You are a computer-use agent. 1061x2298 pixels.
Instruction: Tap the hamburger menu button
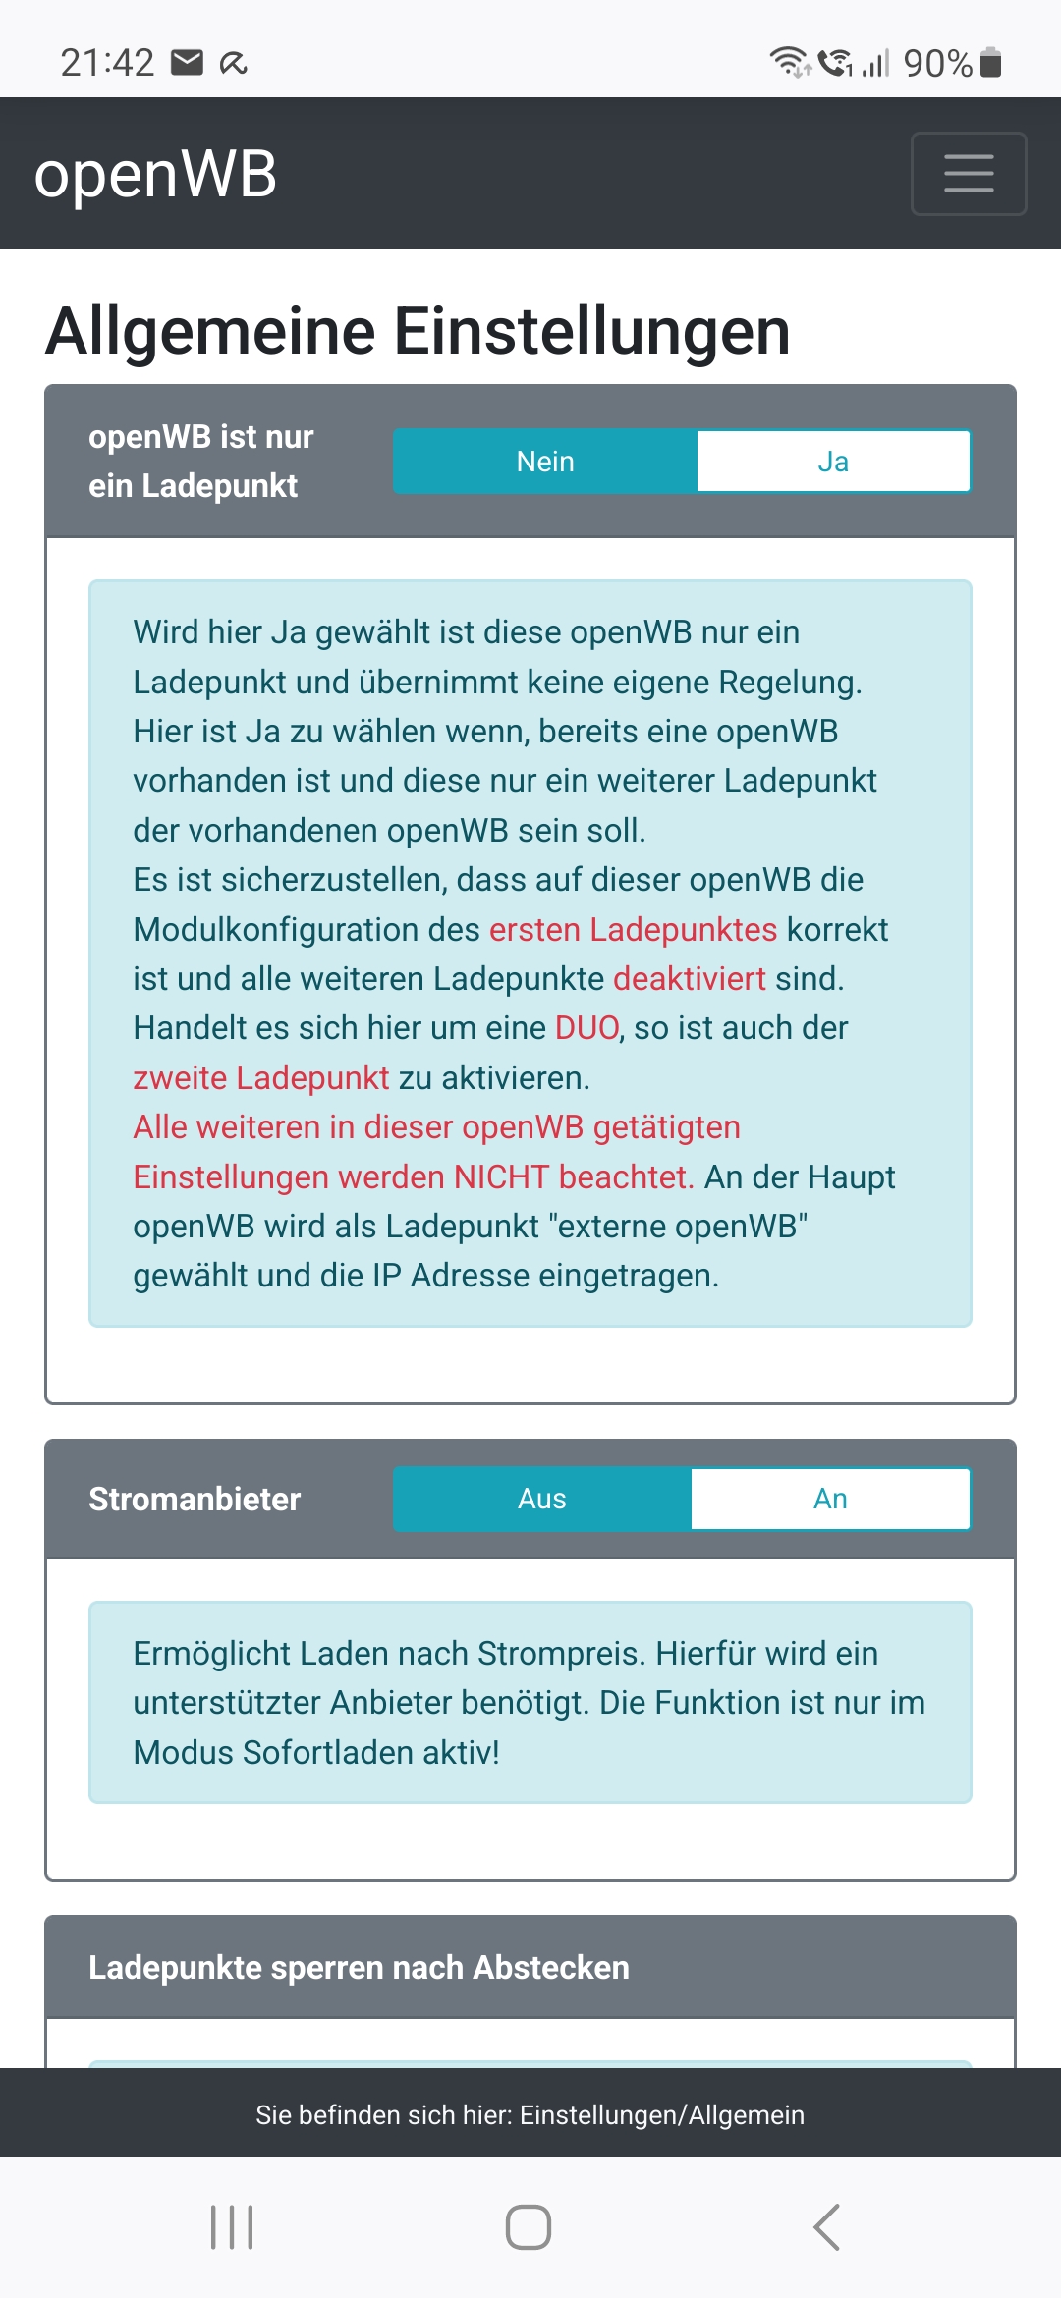tap(969, 174)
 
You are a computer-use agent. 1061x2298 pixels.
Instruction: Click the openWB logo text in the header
tap(155, 175)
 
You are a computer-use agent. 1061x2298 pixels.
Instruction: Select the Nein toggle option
tap(545, 462)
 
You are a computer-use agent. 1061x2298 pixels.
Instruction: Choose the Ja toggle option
tap(833, 462)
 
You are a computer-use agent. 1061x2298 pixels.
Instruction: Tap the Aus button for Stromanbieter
tap(542, 1499)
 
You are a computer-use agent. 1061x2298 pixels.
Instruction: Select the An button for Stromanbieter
tap(830, 1499)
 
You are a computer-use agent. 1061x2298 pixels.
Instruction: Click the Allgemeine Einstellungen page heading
tap(418, 331)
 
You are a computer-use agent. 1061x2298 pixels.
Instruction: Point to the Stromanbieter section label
tap(195, 1500)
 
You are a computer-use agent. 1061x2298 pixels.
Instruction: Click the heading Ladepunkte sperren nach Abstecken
tap(359, 1968)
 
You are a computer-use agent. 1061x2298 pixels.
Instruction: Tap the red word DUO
tap(587, 1028)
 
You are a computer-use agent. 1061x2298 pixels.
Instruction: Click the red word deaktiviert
tap(690, 979)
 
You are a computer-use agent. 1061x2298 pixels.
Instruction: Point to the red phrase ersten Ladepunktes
tap(633, 929)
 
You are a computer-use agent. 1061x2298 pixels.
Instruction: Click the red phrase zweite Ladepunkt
tap(261, 1078)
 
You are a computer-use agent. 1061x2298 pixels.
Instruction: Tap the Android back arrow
tap(827, 2226)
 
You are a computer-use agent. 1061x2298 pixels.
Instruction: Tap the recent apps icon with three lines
tap(232, 2226)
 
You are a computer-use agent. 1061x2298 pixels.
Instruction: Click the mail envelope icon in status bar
tap(187, 63)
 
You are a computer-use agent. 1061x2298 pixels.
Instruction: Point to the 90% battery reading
tap(937, 64)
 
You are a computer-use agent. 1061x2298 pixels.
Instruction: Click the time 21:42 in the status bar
tap(107, 63)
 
